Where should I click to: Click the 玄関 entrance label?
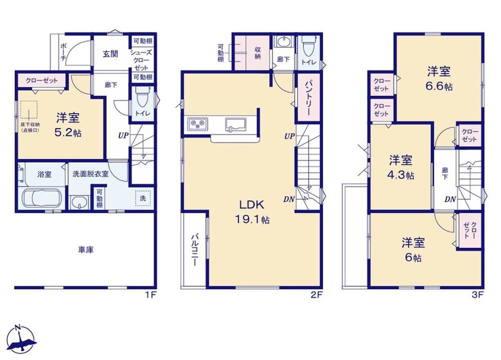coord(110,54)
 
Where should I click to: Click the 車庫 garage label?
coord(86,249)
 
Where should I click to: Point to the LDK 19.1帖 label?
coord(252,211)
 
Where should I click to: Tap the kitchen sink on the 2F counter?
coord(235,124)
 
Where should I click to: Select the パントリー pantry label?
coord(308,98)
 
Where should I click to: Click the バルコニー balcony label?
coord(194,250)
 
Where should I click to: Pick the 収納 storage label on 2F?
coord(258,53)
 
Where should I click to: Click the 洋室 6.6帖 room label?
coord(439,79)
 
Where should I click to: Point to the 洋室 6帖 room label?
coord(413,250)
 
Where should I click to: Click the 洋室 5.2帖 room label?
coord(68,125)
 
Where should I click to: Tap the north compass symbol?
coord(21,339)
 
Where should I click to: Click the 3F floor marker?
coord(477,294)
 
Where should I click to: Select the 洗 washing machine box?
coord(143,198)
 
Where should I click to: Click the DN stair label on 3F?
coord(450,199)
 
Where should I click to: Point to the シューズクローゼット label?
coord(141,60)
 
